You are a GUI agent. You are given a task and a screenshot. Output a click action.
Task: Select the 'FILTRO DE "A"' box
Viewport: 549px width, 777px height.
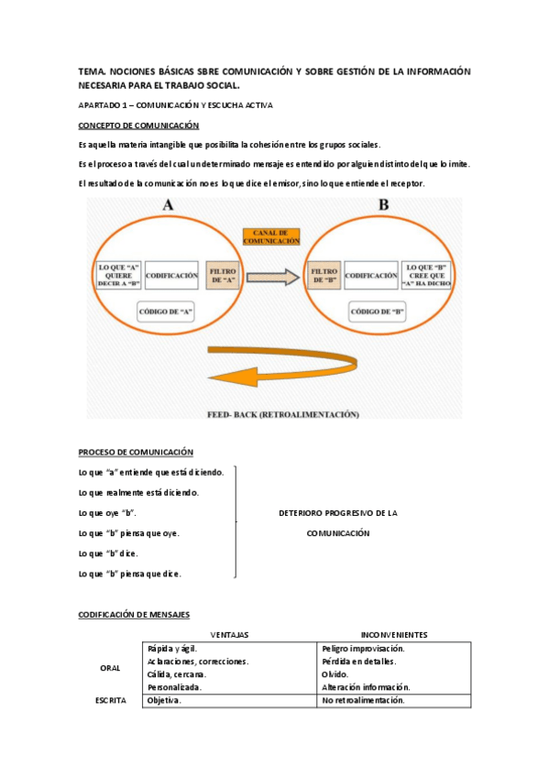tap(224, 274)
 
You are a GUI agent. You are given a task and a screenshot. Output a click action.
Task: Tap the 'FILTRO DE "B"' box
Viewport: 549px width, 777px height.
tap(324, 274)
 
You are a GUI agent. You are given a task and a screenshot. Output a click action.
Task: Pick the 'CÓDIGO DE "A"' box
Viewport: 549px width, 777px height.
tap(166, 311)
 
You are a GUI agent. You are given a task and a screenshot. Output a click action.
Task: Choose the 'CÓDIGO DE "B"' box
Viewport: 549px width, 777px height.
tap(378, 311)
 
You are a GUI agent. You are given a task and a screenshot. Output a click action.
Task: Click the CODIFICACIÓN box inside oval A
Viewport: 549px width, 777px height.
tap(172, 274)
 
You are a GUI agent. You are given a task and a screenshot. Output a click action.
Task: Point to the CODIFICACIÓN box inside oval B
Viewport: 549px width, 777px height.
tap(371, 274)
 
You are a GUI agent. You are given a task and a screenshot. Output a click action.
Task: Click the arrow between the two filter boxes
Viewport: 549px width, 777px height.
tap(273, 275)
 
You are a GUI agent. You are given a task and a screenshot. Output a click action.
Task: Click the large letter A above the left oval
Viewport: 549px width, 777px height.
tap(168, 206)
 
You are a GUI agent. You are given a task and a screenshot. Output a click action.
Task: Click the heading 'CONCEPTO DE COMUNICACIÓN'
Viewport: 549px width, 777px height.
tap(139, 126)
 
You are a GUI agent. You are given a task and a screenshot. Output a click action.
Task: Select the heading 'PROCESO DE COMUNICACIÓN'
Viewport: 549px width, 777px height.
tap(136, 452)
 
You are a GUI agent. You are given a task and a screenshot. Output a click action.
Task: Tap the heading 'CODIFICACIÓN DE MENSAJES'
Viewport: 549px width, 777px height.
tap(134, 615)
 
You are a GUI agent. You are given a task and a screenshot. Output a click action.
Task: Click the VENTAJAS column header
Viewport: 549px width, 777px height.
tap(230, 634)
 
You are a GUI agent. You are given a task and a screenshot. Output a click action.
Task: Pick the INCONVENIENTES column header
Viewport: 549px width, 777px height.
tap(394, 634)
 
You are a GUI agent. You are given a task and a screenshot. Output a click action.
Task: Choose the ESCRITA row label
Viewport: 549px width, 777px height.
tap(110, 701)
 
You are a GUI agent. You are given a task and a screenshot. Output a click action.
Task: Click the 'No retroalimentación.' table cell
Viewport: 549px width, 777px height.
tap(363, 701)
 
